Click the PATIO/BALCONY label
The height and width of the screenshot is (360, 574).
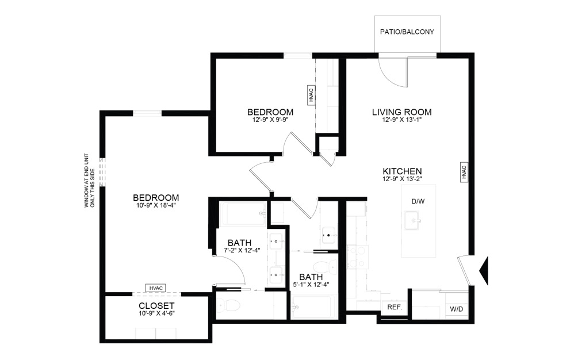[x=408, y=32]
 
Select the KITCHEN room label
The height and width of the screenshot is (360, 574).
[x=403, y=171]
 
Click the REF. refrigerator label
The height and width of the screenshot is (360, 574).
[x=395, y=308]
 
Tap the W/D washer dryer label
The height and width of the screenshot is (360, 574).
[x=456, y=309]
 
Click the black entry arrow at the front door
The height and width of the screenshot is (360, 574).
[x=484, y=269]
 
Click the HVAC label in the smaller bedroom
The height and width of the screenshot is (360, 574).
[x=311, y=94]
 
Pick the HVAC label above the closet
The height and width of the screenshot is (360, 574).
[x=155, y=288]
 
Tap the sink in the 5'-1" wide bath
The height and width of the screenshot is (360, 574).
[x=328, y=233]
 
